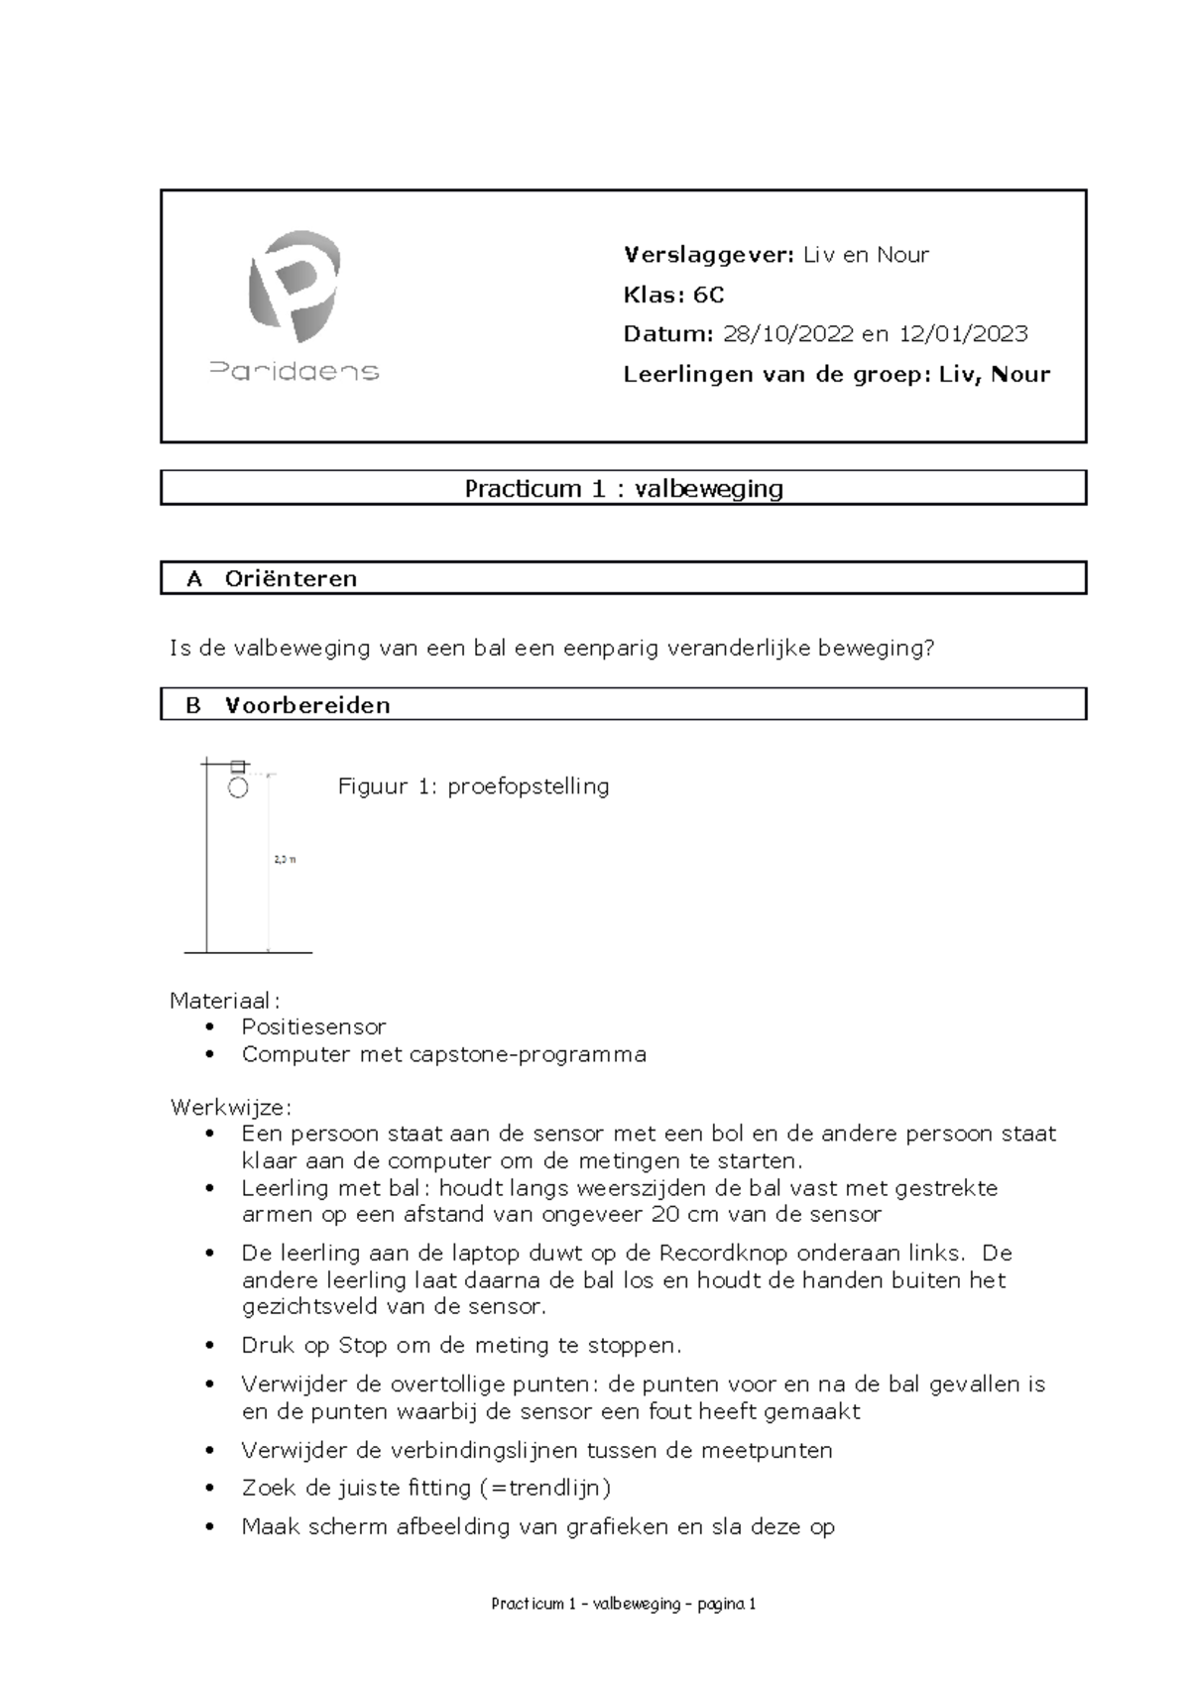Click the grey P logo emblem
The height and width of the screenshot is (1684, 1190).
[x=294, y=287]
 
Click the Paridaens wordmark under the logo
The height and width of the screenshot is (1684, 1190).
[x=295, y=372]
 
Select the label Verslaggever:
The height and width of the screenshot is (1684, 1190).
[x=708, y=255]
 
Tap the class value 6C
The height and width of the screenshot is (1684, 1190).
[x=708, y=295]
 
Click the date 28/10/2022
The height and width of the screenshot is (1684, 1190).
[x=787, y=334]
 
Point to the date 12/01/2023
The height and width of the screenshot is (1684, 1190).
[x=963, y=334]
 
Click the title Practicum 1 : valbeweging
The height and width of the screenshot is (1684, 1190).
[x=624, y=488]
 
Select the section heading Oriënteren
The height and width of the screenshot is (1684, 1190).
[x=291, y=579]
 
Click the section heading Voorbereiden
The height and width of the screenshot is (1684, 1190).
[x=307, y=705]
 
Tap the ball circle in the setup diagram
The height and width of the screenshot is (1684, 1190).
[x=238, y=788]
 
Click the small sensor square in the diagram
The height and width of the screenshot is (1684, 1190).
[x=238, y=766]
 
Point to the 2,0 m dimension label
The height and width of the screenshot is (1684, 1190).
[x=285, y=860]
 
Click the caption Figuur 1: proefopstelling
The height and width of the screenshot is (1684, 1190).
[x=473, y=786]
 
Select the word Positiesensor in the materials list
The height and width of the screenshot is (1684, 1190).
[x=313, y=1026]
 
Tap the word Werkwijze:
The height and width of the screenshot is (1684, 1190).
[x=231, y=1107]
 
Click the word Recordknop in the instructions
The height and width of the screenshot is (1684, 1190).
[x=723, y=1253]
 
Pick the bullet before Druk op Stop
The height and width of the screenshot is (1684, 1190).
[x=209, y=1346]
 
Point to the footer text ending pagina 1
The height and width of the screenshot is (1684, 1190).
[x=624, y=1604]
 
